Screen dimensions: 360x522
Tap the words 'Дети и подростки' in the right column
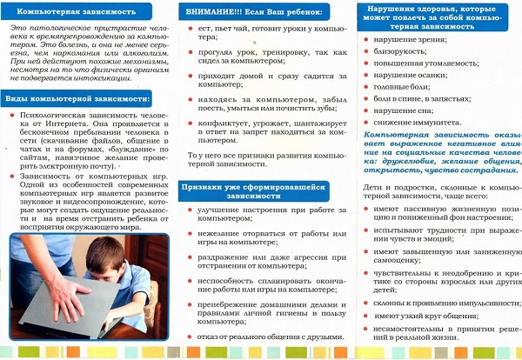(x=398, y=188)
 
